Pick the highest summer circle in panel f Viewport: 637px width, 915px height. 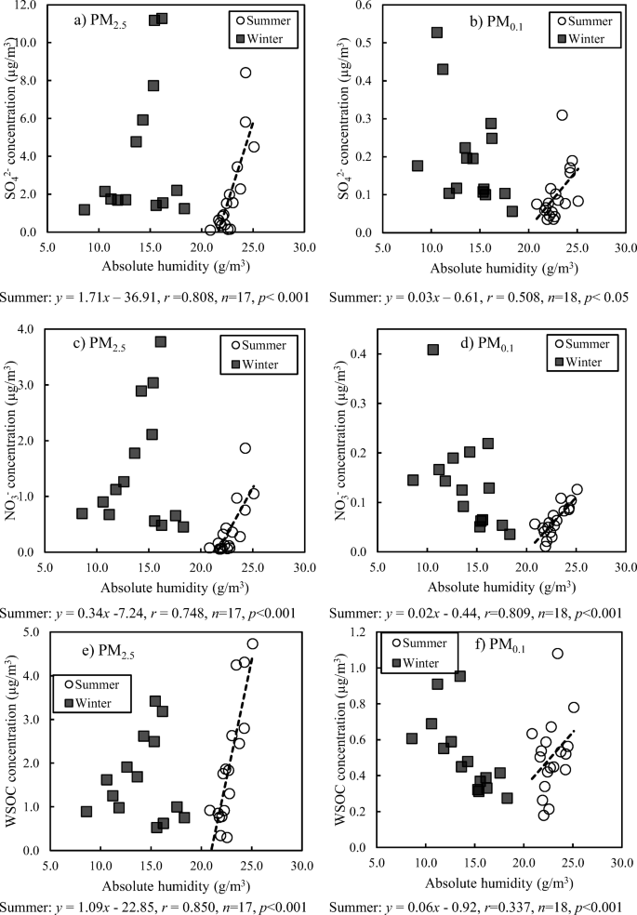[557, 654]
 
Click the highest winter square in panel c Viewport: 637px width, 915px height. [160, 341]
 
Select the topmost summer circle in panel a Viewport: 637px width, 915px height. [246, 73]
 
